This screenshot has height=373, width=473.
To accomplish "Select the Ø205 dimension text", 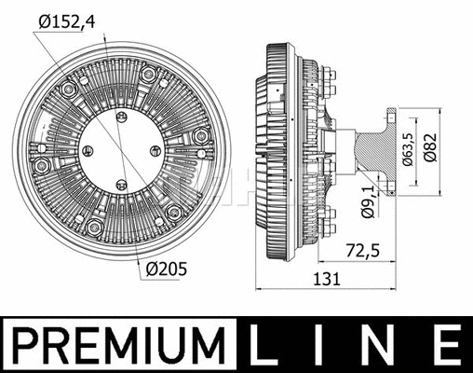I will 167,269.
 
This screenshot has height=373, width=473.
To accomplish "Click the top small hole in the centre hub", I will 120,116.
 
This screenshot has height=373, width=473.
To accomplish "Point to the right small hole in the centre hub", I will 155,151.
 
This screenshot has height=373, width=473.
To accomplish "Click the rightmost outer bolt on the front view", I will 200,137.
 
